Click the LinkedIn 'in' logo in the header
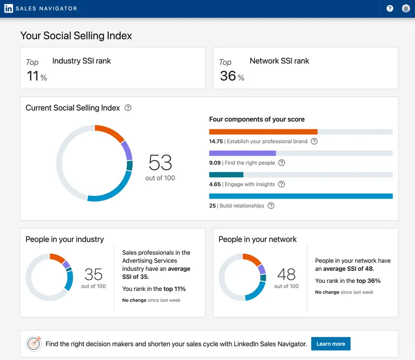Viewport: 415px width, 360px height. coord(9,8)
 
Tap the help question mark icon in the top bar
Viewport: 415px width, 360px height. coord(390,8)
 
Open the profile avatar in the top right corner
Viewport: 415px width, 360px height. coord(406,8)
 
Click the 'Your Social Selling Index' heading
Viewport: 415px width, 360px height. coord(76,36)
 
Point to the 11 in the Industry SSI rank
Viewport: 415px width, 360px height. coord(33,76)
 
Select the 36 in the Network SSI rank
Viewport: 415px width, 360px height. coord(228,76)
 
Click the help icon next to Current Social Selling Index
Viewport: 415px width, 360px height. coord(128,108)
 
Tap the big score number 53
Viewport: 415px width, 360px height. coord(160,163)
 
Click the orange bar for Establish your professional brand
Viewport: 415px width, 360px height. coord(263,132)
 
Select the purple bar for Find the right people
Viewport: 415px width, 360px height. coord(242,153)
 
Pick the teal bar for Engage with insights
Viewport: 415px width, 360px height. coord(226,174)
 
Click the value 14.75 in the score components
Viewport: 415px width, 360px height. coord(216,141)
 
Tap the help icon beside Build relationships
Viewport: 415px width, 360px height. coord(271,206)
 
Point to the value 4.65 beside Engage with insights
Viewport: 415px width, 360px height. coord(215,184)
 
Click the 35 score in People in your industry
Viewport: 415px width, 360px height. coord(94,275)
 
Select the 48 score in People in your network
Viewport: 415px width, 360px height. coord(286,275)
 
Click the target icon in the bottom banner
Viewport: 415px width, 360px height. coord(34,343)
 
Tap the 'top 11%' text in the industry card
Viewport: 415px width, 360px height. coord(175,289)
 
